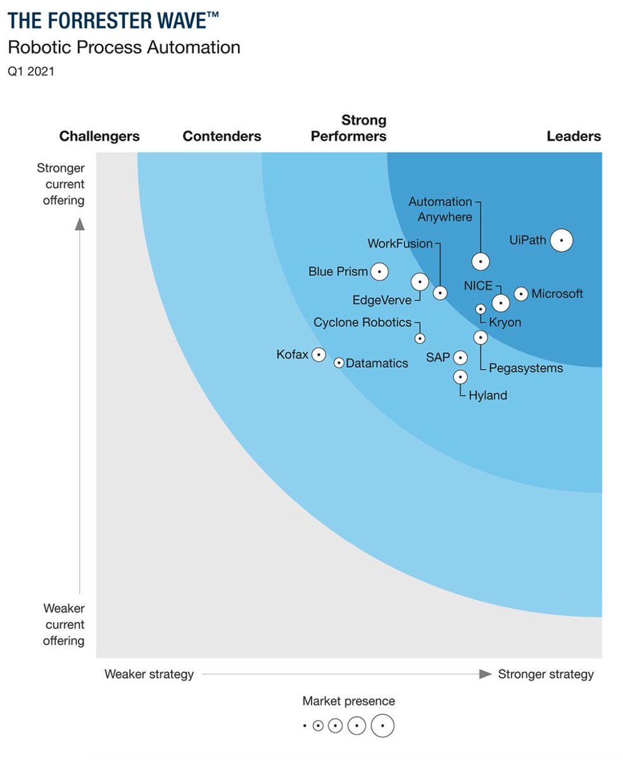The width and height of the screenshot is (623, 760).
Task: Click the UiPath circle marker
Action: coord(561,241)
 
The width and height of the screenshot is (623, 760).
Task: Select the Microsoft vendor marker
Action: coord(520,293)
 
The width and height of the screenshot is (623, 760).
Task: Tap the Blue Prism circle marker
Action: coord(379,272)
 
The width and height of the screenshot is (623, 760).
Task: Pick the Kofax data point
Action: coord(318,355)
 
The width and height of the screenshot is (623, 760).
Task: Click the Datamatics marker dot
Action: coord(339,363)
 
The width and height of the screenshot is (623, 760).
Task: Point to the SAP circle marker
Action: coord(461,358)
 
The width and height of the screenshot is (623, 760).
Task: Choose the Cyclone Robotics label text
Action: coord(362,322)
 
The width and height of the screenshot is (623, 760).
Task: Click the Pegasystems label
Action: coord(525,368)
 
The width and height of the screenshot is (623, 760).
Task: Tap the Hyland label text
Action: coord(488,395)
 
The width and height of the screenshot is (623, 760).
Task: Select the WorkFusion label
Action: coord(400,243)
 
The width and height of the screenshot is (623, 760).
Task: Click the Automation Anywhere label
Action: coord(440,209)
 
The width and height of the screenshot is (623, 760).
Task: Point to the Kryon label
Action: coord(505,322)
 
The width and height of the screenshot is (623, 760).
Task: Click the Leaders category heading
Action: coord(574,136)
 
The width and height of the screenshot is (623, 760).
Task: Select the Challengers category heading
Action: coord(99,136)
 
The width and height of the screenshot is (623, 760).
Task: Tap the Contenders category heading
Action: coord(222,136)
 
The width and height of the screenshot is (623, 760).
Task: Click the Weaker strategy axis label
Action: coord(149,674)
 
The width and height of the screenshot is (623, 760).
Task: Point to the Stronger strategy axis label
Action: coord(546,674)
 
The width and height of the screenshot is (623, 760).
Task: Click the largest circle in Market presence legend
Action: coord(382,725)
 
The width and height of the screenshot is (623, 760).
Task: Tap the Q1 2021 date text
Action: coord(31,72)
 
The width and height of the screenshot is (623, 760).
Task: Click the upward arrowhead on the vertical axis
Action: coord(79,224)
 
